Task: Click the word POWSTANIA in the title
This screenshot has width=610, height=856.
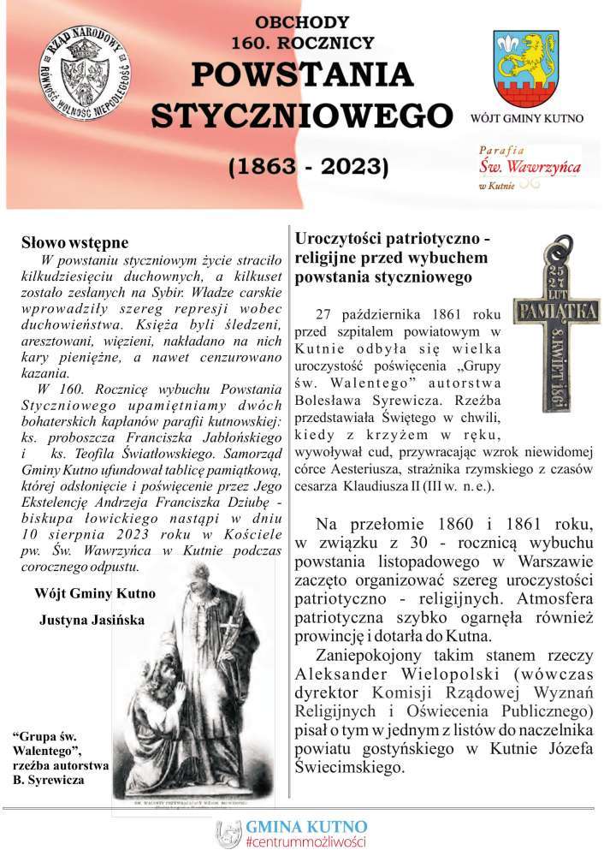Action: click(x=302, y=75)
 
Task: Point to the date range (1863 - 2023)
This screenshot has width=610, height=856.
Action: click(x=308, y=165)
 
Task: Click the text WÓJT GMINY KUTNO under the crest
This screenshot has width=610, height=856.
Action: click(x=527, y=117)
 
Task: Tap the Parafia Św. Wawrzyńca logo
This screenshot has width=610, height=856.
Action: click(x=530, y=166)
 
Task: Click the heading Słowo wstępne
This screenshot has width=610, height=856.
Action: click(x=74, y=242)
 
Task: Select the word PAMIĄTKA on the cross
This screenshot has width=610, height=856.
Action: click(x=556, y=306)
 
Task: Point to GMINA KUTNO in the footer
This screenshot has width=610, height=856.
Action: click(x=306, y=826)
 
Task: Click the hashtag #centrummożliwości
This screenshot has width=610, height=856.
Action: click(x=305, y=842)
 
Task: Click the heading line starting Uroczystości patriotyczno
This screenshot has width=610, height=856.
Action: click(x=391, y=240)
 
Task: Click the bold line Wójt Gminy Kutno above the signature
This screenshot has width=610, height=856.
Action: click(x=95, y=592)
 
